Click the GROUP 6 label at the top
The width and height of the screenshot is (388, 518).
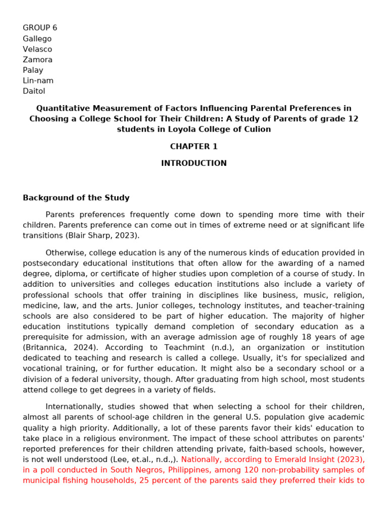click(x=40, y=28)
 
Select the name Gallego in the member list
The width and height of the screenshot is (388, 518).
click(x=37, y=38)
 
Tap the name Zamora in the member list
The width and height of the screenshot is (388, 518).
click(x=37, y=60)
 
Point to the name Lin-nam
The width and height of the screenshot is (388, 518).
click(x=38, y=81)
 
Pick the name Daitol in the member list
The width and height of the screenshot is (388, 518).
click(x=34, y=92)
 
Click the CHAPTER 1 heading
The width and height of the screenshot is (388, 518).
click(x=193, y=147)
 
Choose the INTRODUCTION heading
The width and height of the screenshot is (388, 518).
click(x=193, y=163)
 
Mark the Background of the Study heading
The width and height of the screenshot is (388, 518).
click(x=76, y=198)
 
